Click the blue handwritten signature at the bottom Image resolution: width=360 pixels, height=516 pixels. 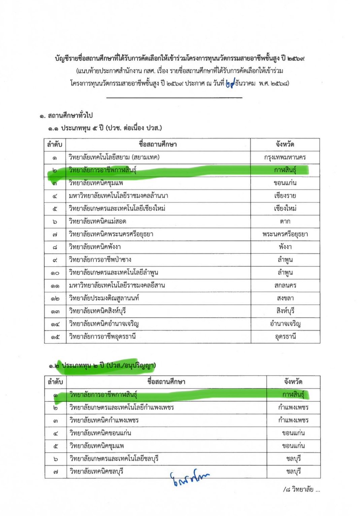tap(189, 478)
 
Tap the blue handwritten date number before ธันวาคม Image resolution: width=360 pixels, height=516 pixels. tap(230, 83)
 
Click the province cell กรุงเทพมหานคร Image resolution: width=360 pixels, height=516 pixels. tap(285, 157)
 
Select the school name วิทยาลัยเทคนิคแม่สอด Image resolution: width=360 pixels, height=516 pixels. tap(98, 221)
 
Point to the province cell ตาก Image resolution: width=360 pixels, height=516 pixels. tap(285, 221)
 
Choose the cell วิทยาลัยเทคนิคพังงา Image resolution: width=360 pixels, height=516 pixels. tap(95, 247)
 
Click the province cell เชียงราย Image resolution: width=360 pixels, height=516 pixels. tap(285, 196)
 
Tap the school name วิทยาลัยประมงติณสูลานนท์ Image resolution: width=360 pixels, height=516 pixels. tap(104, 298)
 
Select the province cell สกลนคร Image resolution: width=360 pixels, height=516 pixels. tap(285, 285)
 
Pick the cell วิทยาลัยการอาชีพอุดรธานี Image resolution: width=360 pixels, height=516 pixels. tap(102, 337)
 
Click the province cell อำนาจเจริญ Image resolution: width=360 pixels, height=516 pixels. tap(285, 324)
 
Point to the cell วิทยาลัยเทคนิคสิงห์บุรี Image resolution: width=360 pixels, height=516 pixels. tap(97, 311)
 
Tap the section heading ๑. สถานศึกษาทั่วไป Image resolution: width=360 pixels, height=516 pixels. tap(66, 116)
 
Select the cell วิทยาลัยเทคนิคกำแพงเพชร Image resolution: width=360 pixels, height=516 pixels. tap(104, 420)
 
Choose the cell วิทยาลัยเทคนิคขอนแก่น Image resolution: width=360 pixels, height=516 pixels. tap(100, 433)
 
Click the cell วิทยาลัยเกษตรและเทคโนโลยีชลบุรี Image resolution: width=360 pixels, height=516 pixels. tap(114, 459)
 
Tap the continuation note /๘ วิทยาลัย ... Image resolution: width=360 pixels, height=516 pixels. tap(301, 489)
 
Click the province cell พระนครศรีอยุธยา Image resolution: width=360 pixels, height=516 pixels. tap(285, 234)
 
